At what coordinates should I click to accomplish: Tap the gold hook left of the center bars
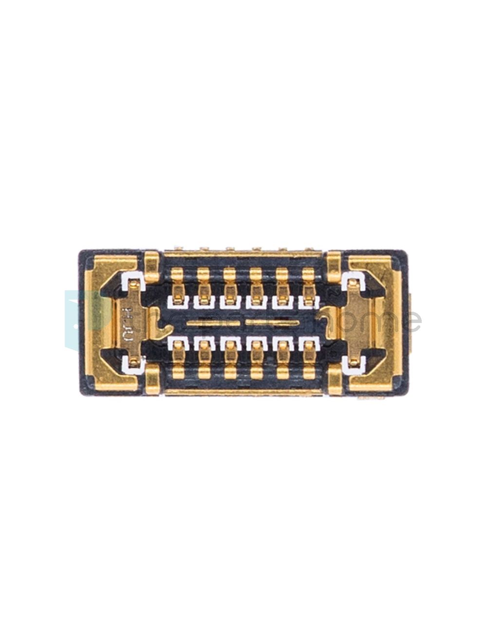[x=157, y=321]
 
